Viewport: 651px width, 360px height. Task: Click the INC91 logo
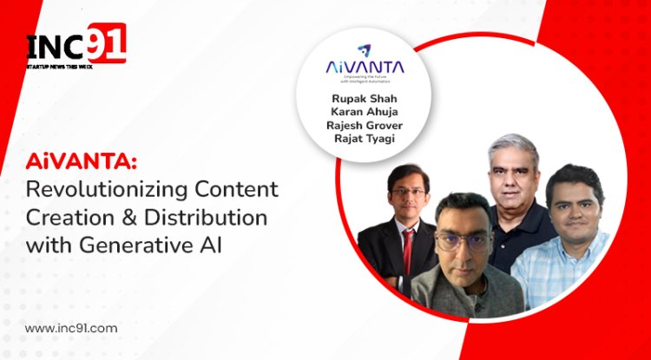pos(76,43)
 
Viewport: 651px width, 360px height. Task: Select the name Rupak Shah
pos(365,98)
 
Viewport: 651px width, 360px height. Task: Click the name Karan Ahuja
pos(365,113)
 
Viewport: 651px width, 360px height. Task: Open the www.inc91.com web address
pos(70,328)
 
